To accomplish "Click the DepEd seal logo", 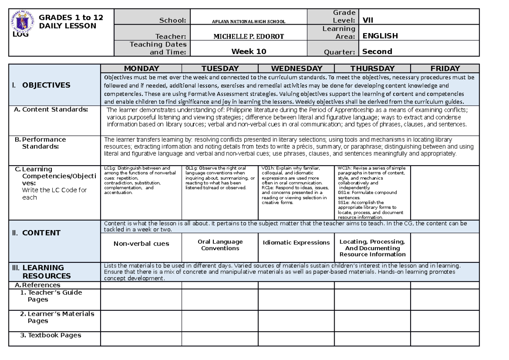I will pyautogui.click(x=21, y=24).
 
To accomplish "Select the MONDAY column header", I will pyautogui.click(x=141, y=68).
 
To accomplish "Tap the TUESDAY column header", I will pyautogui.click(x=220, y=68).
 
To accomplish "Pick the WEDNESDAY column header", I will pyautogui.click(x=296, y=68).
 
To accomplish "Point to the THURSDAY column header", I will pyautogui.click(x=372, y=68).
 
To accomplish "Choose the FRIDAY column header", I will pyautogui.click(x=445, y=68).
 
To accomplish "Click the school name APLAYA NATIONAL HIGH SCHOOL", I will pyautogui.click(x=249, y=21).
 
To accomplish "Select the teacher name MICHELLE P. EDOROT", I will pyautogui.click(x=249, y=37).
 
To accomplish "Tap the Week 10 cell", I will pyautogui.click(x=249, y=52).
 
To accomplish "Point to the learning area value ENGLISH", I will pyautogui.click(x=380, y=36).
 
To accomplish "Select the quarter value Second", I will pyautogui.click(x=377, y=52).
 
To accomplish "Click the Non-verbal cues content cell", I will pyautogui.click(x=141, y=244).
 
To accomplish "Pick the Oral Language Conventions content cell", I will pyautogui.click(x=220, y=245).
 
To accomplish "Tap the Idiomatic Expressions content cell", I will pyautogui.click(x=296, y=243).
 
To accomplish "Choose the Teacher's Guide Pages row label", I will pyautogui.click(x=54, y=296).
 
